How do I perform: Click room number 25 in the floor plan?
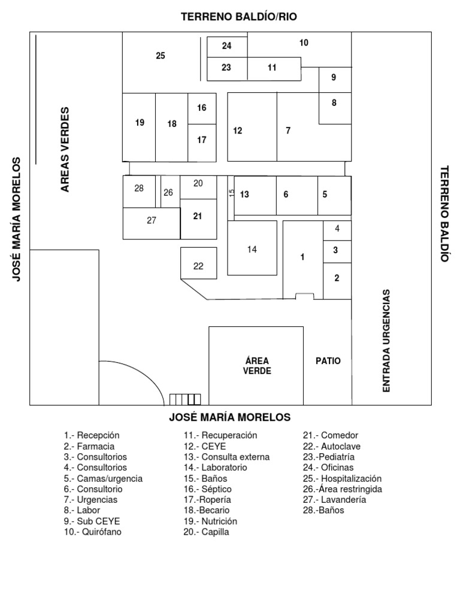coord(161,56)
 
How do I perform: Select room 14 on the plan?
coord(252,249)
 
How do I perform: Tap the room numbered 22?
coord(198,266)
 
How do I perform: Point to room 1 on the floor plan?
coord(302,257)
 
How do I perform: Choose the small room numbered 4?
coord(337,228)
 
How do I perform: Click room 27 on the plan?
coord(152,220)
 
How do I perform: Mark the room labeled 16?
coord(202,108)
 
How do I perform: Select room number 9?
coord(334,77)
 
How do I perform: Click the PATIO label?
coord(328,361)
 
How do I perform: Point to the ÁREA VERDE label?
coord(257,366)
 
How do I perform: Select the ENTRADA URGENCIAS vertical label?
coord(386,341)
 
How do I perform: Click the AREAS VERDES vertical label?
coord(65,150)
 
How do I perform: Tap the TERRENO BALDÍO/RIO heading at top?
coord(239,17)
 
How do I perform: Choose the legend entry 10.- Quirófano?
coord(93,532)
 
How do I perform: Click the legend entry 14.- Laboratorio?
coord(216,468)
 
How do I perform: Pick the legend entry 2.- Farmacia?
coord(89,446)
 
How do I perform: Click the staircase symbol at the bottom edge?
coord(185,399)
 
